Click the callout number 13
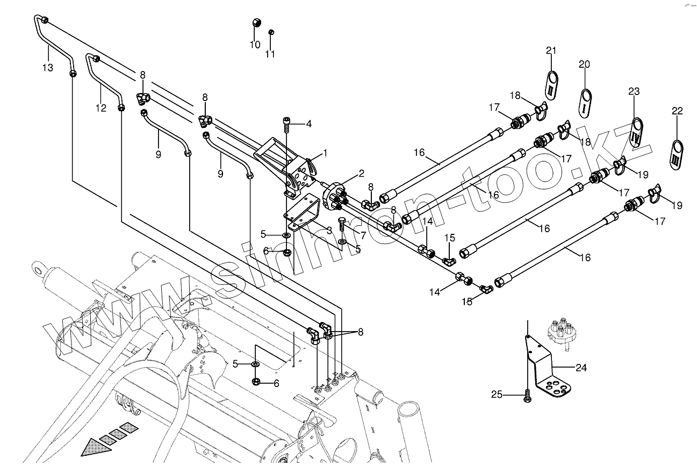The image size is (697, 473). (x=48, y=68)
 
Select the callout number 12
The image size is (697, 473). (x=101, y=108)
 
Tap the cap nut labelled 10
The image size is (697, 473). (x=257, y=23)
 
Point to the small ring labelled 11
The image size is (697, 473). (x=272, y=32)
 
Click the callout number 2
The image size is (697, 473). (x=361, y=173)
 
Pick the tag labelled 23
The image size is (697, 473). (x=636, y=132)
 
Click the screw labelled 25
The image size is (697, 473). (x=527, y=397)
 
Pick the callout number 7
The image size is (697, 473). (x=363, y=235)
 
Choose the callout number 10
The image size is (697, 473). (x=255, y=45)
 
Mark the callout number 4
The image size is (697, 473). (x=308, y=124)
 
